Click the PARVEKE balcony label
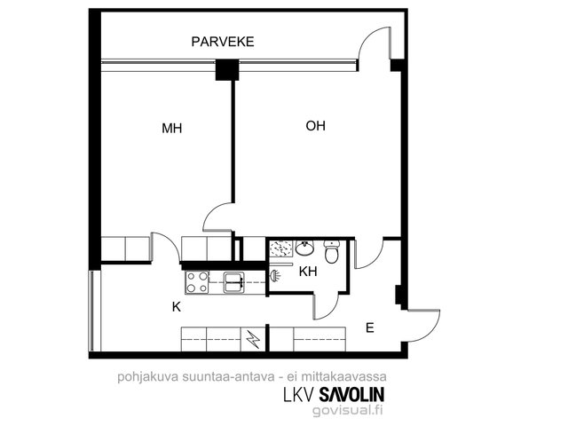pyautogui.click(x=223, y=42)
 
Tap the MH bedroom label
pyautogui.click(x=171, y=128)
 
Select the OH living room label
pyautogui.click(x=316, y=126)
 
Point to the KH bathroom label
pyautogui.click(x=308, y=272)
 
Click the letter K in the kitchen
pyautogui.click(x=177, y=307)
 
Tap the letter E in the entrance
pyautogui.click(x=369, y=327)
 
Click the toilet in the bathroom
pyautogui.click(x=331, y=251)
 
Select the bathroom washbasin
pyautogui.click(x=304, y=248)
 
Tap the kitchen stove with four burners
pyautogui.click(x=197, y=282)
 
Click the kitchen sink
pyautogui.click(x=234, y=282)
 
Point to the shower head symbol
pyautogui.click(x=275, y=276)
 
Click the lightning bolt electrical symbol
pyautogui.click(x=253, y=339)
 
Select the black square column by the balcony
pyautogui.click(x=227, y=69)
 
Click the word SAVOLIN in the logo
pyautogui.click(x=351, y=394)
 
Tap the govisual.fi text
pyautogui.click(x=347, y=410)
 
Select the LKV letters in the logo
pyautogui.click(x=299, y=394)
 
